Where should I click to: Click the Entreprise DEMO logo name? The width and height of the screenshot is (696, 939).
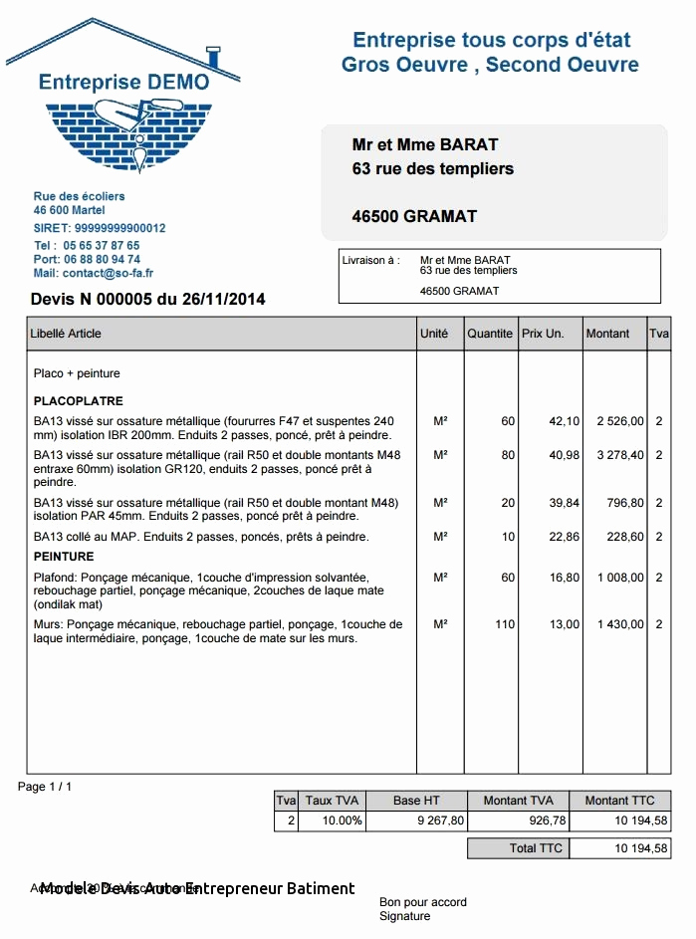(x=123, y=82)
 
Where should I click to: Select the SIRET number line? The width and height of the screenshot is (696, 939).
(x=100, y=228)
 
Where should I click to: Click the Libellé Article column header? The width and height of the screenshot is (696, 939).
(x=67, y=334)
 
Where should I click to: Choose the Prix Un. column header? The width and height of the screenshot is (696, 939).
(x=543, y=334)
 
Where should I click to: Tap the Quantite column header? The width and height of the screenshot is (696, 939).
(x=490, y=334)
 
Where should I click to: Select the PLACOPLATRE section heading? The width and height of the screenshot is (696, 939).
(x=79, y=401)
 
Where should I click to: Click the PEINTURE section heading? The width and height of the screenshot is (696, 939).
(x=64, y=557)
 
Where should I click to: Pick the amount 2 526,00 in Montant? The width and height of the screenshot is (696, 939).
(x=620, y=421)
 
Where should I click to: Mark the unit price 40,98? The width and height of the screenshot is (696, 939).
(x=564, y=455)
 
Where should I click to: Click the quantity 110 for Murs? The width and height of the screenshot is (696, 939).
(x=505, y=624)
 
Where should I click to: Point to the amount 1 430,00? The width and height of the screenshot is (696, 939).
(x=620, y=624)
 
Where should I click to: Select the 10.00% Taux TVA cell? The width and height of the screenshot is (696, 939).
(x=333, y=821)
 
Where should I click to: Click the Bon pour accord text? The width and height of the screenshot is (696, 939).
(x=422, y=902)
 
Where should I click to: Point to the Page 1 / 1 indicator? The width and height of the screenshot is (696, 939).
(x=45, y=787)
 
